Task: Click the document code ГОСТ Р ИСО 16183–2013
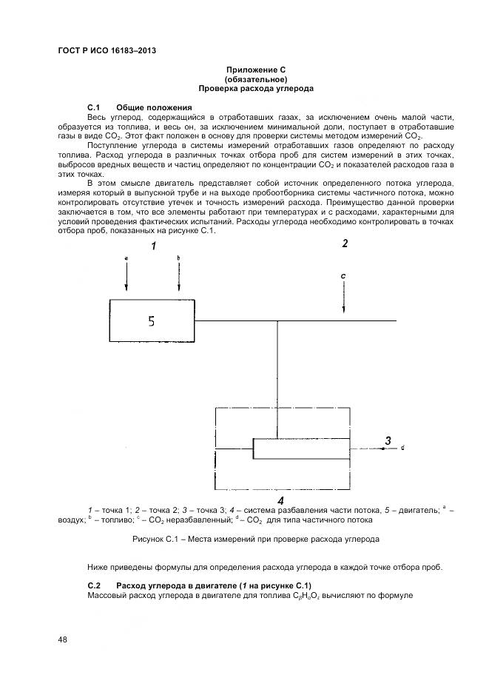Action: [x=107, y=51]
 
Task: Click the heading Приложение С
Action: [x=255, y=69]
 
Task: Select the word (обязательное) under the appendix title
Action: [x=255, y=78]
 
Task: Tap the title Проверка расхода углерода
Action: [x=255, y=88]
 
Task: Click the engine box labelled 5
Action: [x=152, y=320]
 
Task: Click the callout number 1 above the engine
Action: [x=154, y=246]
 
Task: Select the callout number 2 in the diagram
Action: [x=344, y=243]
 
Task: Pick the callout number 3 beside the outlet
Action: [x=388, y=442]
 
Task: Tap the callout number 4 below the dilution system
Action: [x=280, y=501]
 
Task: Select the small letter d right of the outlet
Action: [x=402, y=449]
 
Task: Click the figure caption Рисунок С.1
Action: [x=255, y=540]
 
